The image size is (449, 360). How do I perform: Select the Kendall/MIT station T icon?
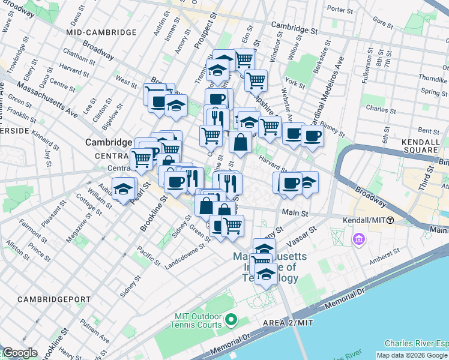390,220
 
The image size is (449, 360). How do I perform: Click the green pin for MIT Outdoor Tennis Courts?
235,320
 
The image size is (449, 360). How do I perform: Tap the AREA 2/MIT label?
288,323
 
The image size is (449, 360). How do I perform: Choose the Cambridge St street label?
294,27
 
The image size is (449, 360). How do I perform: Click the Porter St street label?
340,10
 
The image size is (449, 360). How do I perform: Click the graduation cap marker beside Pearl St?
123,189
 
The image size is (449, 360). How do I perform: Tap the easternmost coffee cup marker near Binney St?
312,136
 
